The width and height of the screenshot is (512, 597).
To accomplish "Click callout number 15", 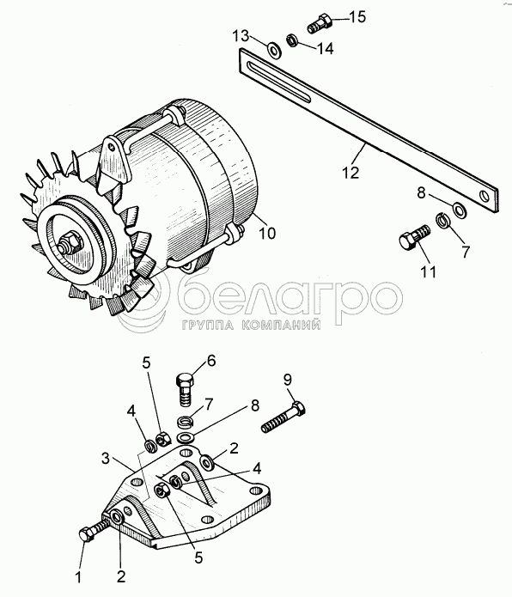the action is [x=357, y=17].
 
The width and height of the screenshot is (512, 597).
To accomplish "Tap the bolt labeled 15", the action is [x=320, y=23].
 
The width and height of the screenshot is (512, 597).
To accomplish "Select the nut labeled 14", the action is [x=291, y=40].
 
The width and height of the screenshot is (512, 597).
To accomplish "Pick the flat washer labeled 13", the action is [x=274, y=49].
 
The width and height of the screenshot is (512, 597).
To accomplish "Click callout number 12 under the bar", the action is [x=350, y=173].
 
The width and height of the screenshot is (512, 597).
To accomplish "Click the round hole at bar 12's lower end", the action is [x=485, y=197].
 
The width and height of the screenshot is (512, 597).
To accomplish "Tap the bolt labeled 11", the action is [x=414, y=237].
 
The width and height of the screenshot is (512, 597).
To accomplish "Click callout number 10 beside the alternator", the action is [x=267, y=233].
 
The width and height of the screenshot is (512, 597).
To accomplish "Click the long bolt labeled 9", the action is [x=283, y=417].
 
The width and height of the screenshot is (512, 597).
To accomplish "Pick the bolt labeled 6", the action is [x=186, y=390].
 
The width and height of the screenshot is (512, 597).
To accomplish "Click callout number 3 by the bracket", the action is [x=106, y=459].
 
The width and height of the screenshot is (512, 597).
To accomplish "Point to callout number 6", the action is [x=211, y=360].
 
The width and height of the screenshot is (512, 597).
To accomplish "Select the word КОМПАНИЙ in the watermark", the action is [x=281, y=325].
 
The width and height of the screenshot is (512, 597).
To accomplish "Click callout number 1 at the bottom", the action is [x=78, y=578].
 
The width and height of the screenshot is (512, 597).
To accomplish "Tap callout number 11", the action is [x=428, y=271].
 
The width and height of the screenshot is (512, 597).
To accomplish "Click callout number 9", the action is [x=288, y=380].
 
